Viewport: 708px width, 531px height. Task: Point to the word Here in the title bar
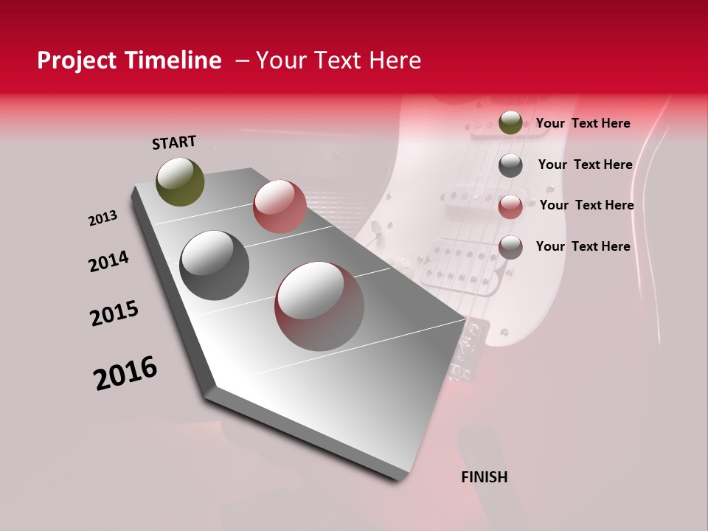point(395,60)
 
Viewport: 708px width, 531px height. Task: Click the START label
point(174,142)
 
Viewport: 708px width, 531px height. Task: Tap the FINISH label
point(485,477)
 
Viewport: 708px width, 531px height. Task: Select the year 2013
point(103,218)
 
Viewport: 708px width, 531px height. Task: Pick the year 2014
point(108,261)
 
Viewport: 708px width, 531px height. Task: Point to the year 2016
point(125,372)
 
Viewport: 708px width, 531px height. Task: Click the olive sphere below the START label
point(181,181)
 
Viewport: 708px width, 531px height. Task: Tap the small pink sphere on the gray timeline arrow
point(280,206)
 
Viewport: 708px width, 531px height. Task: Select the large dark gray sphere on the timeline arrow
point(215,265)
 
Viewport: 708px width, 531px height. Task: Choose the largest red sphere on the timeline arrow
point(319,306)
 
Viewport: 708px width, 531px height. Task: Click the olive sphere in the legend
point(510,122)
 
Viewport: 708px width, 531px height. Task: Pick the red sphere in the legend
point(510,207)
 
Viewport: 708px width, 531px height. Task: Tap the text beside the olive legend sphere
point(583,123)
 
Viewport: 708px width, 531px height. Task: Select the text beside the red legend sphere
point(586,205)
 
